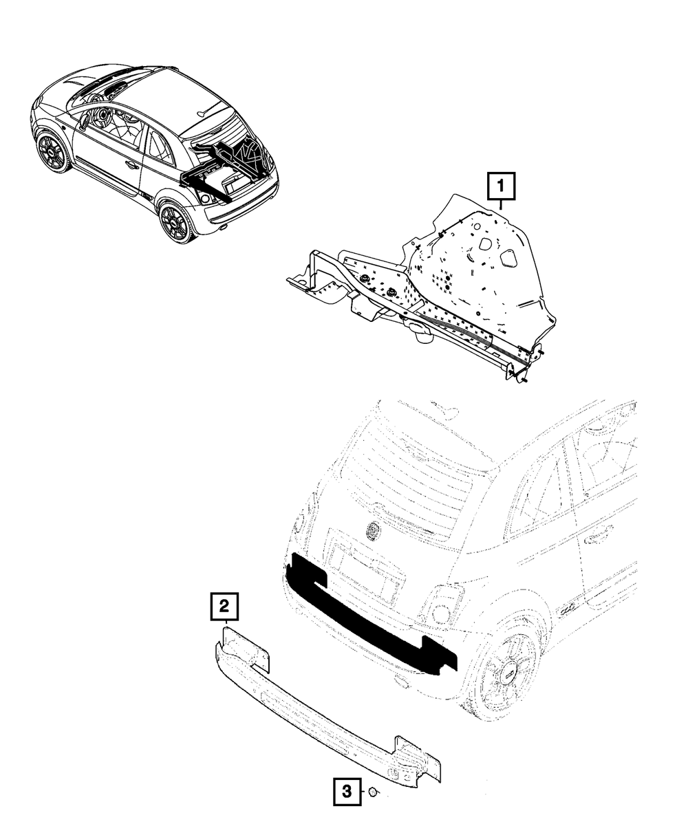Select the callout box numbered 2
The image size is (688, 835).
click(x=224, y=606)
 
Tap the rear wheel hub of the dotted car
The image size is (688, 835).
click(x=508, y=675)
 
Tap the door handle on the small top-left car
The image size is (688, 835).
click(x=129, y=165)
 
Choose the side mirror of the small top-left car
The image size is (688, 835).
click(x=63, y=127)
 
